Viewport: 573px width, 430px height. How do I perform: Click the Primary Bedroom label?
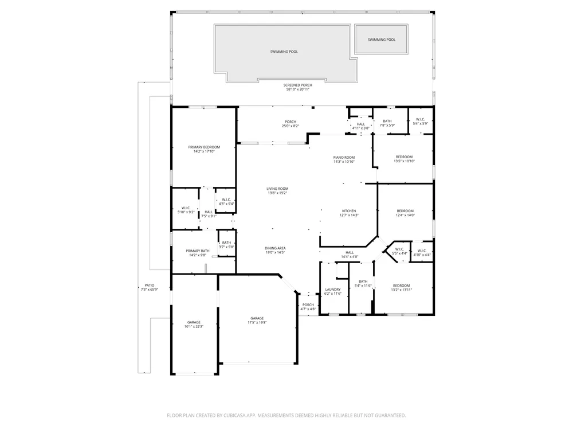coord(204,147)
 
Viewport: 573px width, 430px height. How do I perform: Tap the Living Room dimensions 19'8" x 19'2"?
coord(277,193)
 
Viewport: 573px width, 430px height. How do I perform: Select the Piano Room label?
coord(344,158)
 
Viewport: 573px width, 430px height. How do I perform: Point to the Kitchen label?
coord(349,211)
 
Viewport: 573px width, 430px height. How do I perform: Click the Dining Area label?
coord(275,248)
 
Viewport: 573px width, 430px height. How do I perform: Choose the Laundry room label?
coord(332,290)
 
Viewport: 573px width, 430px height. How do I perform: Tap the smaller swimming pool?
coord(381,40)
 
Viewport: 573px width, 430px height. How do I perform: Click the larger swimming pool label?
coord(284,52)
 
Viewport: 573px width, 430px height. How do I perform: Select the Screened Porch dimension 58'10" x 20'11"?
coord(298,89)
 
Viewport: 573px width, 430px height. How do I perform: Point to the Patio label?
coord(150,285)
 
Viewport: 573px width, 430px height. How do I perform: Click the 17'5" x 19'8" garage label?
coord(257,318)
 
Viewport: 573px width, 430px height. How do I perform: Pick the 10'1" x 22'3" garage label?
coord(194,322)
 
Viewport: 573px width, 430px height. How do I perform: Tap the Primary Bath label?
coord(198,251)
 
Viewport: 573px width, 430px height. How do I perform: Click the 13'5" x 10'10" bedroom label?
coord(404,157)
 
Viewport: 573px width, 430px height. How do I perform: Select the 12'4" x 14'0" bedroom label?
coord(405,211)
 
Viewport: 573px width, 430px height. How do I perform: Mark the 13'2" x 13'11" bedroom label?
coord(401,286)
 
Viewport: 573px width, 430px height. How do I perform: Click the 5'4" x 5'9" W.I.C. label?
coord(420,120)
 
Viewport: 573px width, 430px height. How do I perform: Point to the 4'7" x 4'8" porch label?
coord(308,305)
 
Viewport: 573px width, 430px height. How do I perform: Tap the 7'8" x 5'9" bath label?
coord(387,121)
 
